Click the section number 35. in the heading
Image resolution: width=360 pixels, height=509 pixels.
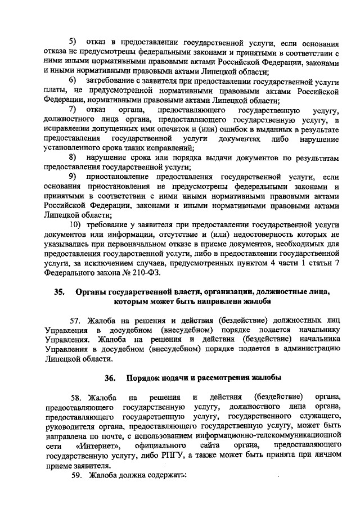[59, 292]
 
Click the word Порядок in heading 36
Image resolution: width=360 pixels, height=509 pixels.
[145, 379]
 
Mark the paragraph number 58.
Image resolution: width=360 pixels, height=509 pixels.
[74, 399]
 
